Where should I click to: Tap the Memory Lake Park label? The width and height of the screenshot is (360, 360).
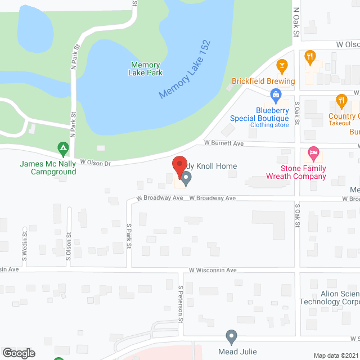(146, 69)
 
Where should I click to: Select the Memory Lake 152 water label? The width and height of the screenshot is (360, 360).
(184, 70)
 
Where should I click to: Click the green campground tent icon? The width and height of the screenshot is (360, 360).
(63, 150)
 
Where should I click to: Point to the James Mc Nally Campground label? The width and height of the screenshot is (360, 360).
(48, 168)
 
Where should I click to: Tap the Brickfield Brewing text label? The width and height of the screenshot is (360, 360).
(263, 81)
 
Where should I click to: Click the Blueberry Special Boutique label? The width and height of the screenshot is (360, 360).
(260, 114)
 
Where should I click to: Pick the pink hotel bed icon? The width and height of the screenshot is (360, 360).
(313, 153)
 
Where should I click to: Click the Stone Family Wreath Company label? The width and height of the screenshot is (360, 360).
(304, 172)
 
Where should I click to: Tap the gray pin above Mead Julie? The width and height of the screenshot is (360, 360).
(231, 337)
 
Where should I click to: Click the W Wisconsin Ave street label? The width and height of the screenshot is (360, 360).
(213, 270)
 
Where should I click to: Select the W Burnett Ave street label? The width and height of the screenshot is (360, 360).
(223, 143)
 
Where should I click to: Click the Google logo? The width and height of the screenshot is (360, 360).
(18, 353)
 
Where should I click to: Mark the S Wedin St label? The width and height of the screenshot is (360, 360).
(25, 246)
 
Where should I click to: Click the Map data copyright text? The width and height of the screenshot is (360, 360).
(336, 355)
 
